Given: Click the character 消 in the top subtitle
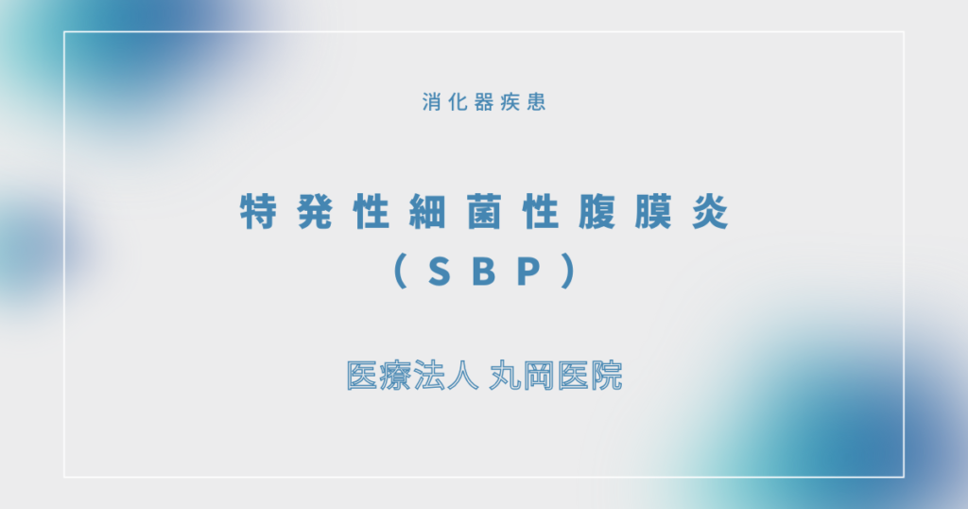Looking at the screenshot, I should click(431, 102).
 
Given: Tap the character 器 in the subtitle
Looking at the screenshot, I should click(484, 102).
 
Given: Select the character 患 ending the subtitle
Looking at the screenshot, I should click(536, 102).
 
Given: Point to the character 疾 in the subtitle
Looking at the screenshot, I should click(510, 102).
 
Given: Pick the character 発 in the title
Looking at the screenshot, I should click(315, 214).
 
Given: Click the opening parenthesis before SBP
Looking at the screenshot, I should click(398, 273).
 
